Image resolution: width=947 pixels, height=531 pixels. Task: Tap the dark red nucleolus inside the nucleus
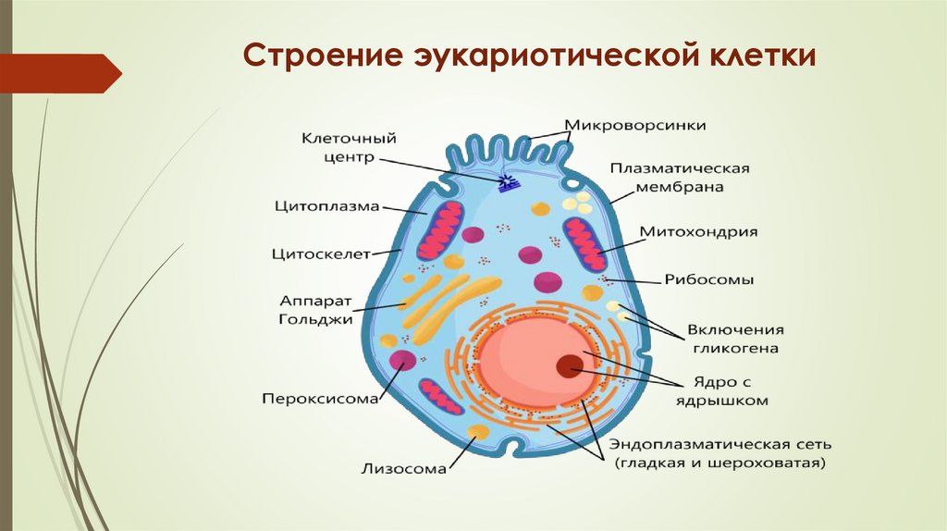569,366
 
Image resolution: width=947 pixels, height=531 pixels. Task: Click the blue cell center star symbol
507,182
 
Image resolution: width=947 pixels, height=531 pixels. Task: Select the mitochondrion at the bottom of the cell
441,395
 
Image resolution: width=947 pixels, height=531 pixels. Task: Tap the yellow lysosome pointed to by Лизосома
478,432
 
